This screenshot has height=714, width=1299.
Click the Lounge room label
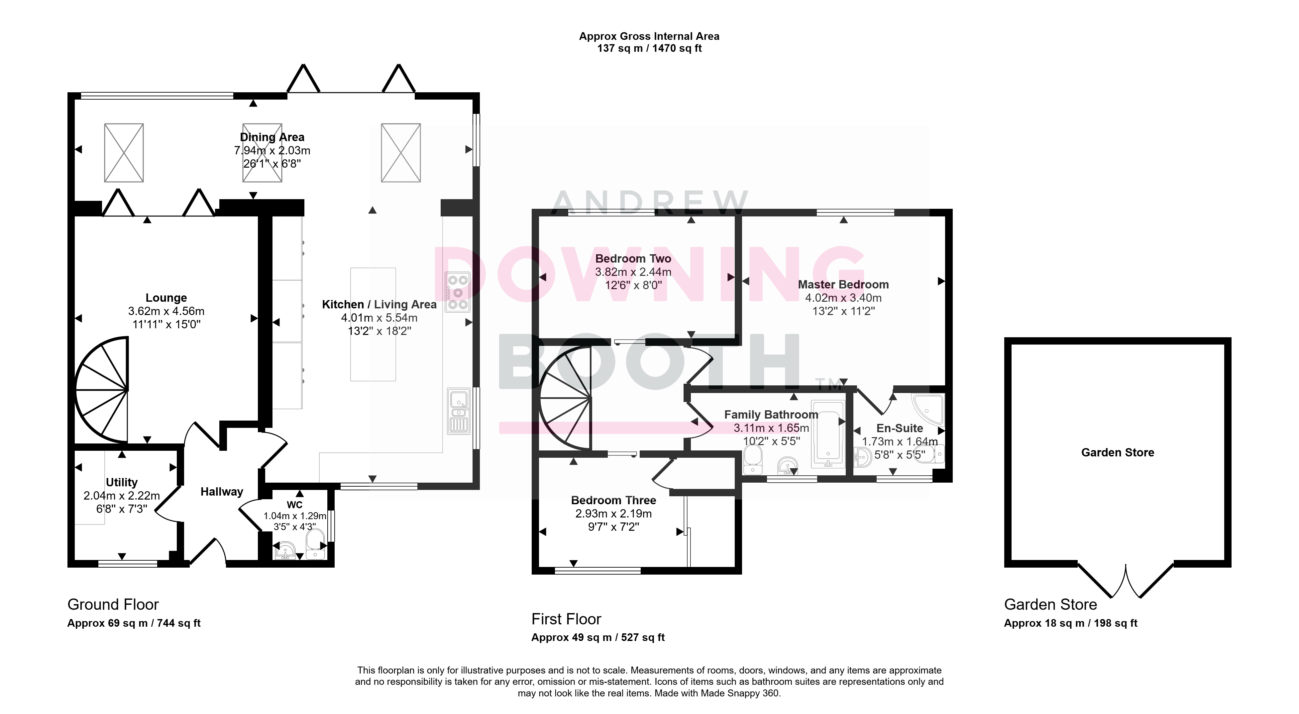(166, 298)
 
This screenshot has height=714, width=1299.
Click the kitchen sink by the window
(458, 411)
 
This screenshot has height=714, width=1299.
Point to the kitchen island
(373, 324)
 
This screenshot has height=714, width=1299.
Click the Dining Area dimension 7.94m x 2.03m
(272, 150)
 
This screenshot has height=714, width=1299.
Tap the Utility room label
(122, 482)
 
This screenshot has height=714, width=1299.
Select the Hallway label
(222, 492)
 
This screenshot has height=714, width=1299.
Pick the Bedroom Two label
(633, 259)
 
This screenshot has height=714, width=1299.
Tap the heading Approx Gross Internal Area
(649, 36)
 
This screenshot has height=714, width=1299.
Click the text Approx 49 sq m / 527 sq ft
(598, 637)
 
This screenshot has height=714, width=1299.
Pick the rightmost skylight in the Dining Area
(401, 153)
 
